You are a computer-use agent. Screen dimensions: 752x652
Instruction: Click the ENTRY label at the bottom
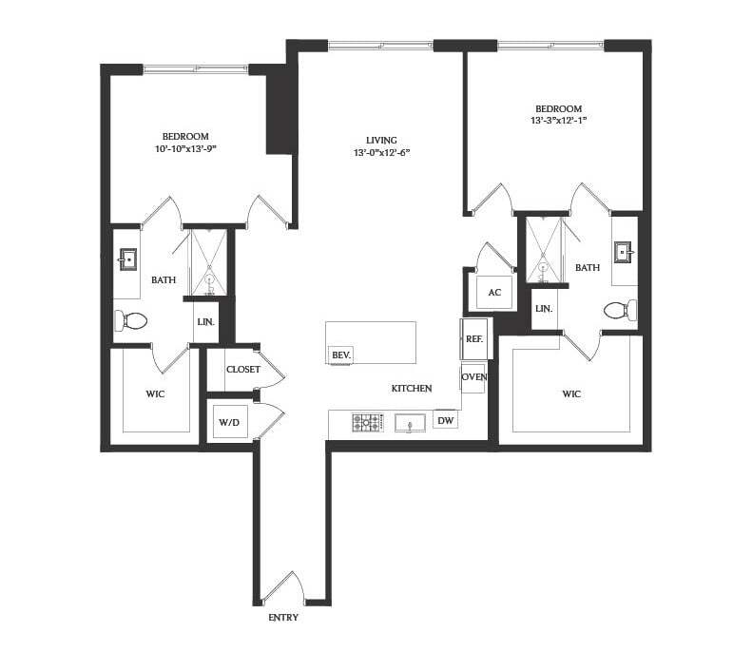(x=283, y=618)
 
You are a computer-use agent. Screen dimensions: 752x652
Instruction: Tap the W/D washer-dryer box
(x=230, y=421)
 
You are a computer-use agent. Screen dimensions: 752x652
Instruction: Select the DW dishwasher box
(x=445, y=420)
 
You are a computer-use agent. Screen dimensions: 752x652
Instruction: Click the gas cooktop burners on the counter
(x=368, y=422)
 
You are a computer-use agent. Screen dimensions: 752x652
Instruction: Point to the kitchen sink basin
(x=410, y=423)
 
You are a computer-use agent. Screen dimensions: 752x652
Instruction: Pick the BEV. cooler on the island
(x=341, y=355)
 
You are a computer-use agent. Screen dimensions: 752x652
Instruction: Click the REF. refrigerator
(x=473, y=339)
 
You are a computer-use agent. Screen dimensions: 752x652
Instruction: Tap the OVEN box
(x=473, y=378)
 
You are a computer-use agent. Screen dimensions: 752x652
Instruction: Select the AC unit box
(x=495, y=293)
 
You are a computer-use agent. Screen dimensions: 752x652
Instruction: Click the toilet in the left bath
(x=130, y=320)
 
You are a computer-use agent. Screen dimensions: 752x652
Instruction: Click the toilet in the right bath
(x=620, y=310)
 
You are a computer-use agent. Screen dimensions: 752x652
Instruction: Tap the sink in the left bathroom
(x=127, y=259)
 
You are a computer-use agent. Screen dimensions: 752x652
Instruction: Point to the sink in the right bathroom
(x=625, y=251)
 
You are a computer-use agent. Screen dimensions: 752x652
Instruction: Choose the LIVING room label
(x=381, y=140)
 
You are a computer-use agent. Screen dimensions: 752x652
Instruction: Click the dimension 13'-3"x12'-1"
(x=559, y=121)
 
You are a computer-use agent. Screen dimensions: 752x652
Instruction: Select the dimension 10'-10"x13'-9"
(x=185, y=148)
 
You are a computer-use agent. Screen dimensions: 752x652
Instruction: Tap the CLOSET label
(x=243, y=370)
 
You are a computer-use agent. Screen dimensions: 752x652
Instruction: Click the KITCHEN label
(x=412, y=389)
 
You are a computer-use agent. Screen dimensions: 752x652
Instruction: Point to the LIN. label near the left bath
(x=205, y=322)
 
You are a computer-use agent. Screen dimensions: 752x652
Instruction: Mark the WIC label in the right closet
(x=571, y=394)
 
